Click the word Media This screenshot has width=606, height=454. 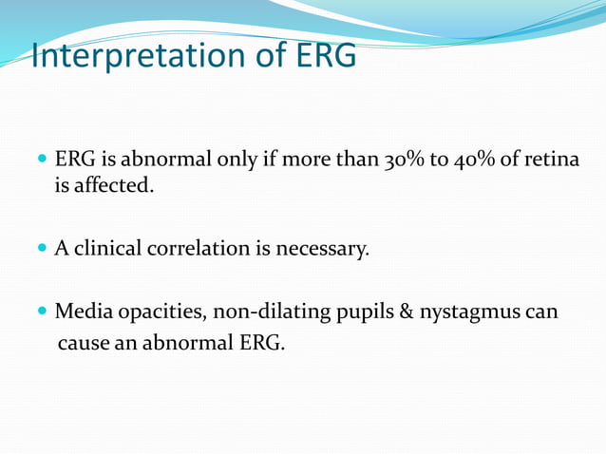pyautogui.click(x=82, y=312)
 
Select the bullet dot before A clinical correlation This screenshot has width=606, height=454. pyautogui.click(x=42, y=249)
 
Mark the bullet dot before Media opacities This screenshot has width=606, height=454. pyautogui.click(x=42, y=312)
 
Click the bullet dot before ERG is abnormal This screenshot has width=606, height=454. pyautogui.click(x=42, y=158)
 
